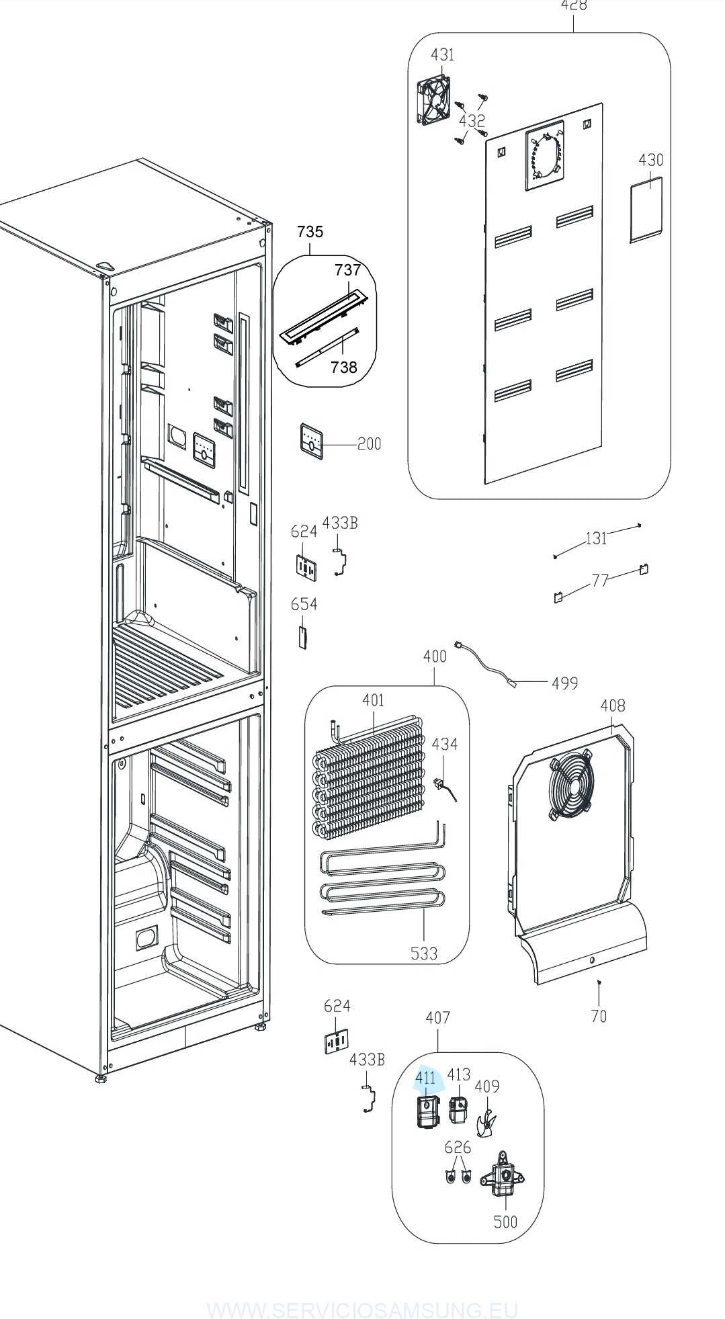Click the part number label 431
click(x=442, y=54)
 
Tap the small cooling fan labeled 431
click(x=433, y=102)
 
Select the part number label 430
click(x=650, y=160)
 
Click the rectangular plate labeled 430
click(x=646, y=208)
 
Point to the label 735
click(x=310, y=232)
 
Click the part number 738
click(x=344, y=367)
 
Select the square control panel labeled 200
click(x=311, y=441)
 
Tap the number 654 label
click(x=304, y=604)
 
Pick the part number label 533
click(x=424, y=953)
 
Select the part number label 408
click(x=612, y=705)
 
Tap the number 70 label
click(x=599, y=1016)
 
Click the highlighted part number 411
click(x=425, y=1078)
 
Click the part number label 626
click(x=458, y=1147)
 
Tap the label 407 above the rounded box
click(x=437, y=1017)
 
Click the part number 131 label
click(x=596, y=538)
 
